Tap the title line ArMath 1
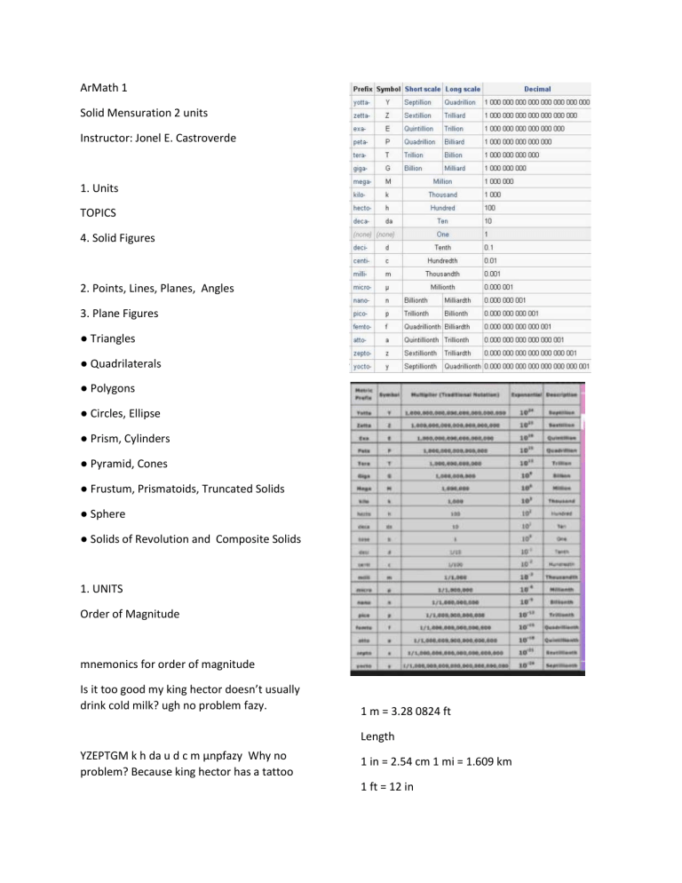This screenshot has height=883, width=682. coord(107,88)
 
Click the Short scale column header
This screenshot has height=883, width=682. coord(422,89)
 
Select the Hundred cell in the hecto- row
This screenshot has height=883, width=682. coord(441,208)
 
